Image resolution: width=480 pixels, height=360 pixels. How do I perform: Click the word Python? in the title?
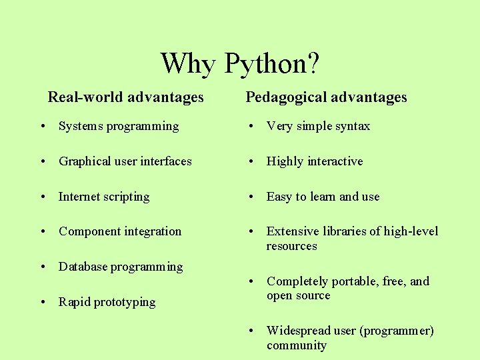coord(272,64)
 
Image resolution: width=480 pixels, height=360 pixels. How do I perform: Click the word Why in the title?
coord(188,64)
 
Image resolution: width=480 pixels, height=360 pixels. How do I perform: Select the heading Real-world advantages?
coord(125,97)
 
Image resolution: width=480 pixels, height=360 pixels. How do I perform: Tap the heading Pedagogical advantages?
coord(326,97)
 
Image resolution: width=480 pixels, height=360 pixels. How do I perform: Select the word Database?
coord(83,267)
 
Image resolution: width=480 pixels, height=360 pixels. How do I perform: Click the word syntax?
coord(353,126)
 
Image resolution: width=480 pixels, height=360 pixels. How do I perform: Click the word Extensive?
coord(291,231)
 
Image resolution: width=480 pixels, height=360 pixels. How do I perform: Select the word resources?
coord(292,246)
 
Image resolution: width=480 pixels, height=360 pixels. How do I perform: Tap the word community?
coord(297,345)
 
